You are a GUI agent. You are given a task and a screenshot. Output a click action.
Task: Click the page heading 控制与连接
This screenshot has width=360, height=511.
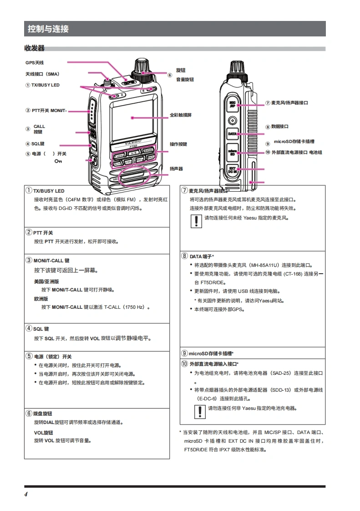coord(48,29)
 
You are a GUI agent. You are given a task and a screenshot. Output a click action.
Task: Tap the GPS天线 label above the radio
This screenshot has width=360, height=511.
coord(35,62)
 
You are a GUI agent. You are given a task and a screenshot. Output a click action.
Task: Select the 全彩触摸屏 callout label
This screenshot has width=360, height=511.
coord(180,115)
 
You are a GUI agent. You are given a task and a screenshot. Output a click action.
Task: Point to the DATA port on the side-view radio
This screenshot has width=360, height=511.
coord(233,134)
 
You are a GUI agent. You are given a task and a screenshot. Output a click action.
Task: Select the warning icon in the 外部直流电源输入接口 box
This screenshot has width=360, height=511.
coord(199,411)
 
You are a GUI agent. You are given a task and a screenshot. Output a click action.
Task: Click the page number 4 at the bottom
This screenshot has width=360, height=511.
coord(26,495)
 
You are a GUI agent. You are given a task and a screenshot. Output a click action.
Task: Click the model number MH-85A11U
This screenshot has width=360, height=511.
coord(269,265)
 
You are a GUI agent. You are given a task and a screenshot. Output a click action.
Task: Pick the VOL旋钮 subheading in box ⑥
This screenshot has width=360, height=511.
coord(43,433)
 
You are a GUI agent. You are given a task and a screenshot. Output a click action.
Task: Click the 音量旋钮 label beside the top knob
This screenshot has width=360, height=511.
coord(185,79)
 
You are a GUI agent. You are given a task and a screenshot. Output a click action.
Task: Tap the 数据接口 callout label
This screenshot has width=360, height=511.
coord(279,127)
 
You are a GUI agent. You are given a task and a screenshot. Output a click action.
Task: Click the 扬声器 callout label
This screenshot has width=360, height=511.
coord(176,169)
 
